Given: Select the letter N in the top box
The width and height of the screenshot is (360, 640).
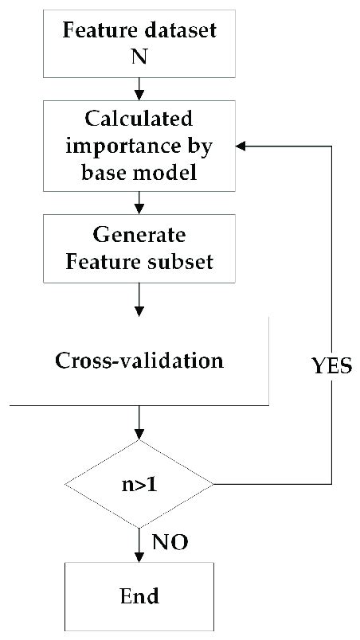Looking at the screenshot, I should [139, 56].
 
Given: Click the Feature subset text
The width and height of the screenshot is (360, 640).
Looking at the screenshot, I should [140, 260].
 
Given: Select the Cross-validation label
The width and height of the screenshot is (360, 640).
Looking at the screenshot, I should [139, 360].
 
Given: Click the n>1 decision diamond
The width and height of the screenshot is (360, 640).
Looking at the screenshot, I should [139, 483].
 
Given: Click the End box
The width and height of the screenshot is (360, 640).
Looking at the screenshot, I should [139, 595].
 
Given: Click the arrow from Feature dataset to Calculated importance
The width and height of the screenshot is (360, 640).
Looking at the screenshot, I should [139, 86].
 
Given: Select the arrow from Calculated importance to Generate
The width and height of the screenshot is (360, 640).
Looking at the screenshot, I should [139, 204].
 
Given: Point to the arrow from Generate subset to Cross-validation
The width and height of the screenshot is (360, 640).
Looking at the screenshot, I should [139, 301].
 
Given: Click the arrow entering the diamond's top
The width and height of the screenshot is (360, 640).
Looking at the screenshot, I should [139, 423].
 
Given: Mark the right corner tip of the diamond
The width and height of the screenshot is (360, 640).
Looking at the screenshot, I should [213, 483].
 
